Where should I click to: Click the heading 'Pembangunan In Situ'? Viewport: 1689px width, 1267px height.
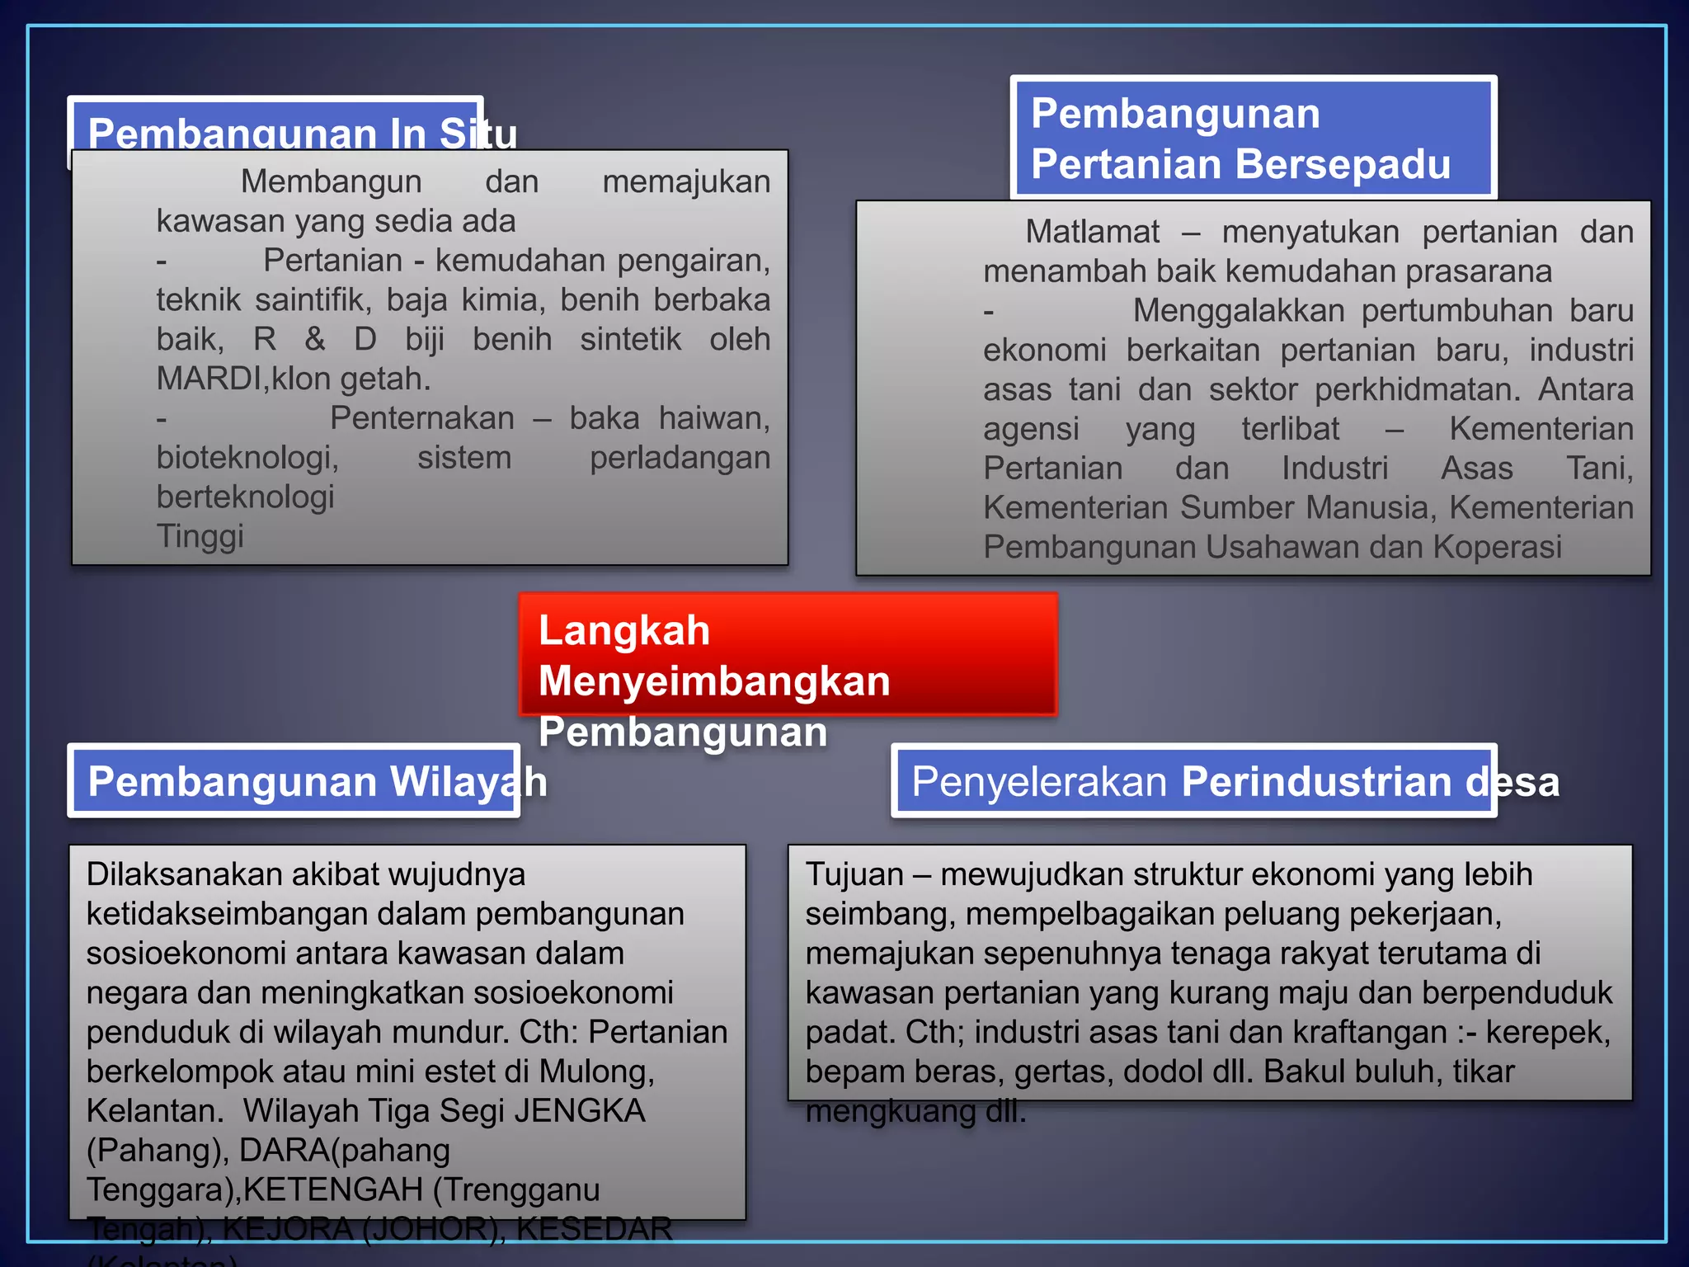tap(302, 132)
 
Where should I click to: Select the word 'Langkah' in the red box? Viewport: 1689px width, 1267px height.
tap(623, 630)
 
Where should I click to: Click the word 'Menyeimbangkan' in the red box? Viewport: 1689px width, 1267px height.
tap(714, 681)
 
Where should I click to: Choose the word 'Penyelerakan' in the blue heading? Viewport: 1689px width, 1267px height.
tap(1039, 781)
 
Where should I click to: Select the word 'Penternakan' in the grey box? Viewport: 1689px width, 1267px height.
tap(422, 418)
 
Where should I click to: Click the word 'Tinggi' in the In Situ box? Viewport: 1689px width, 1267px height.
tap(200, 536)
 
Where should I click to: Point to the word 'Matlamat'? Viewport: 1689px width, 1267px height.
tap(1092, 232)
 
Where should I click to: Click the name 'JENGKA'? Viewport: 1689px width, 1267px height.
tap(580, 1111)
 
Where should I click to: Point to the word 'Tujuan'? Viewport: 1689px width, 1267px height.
tap(854, 874)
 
